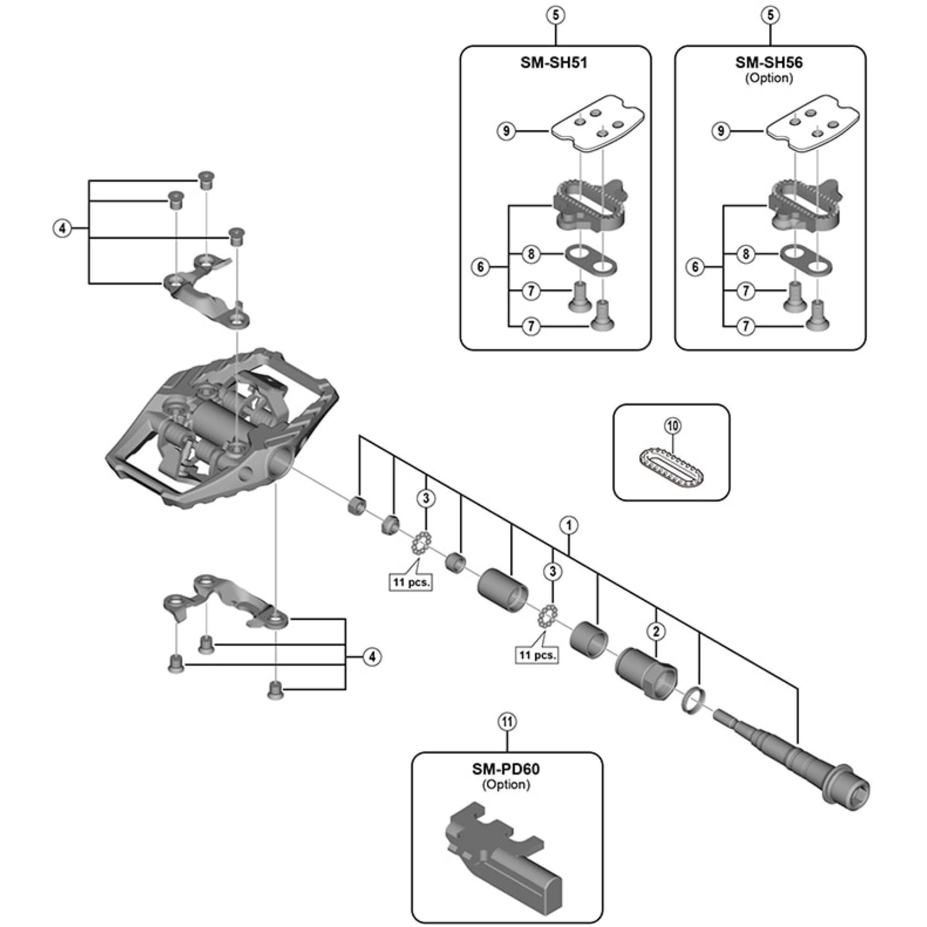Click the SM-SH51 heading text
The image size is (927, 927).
(554, 63)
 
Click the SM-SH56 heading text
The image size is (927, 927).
(768, 63)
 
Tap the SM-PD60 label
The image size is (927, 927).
(506, 769)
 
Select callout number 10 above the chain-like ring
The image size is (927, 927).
(673, 425)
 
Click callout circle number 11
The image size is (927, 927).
(507, 722)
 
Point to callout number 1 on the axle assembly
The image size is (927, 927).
(569, 525)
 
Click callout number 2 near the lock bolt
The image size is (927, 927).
(656, 631)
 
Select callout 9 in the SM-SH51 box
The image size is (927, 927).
(506, 131)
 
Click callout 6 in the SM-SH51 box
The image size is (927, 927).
(481, 267)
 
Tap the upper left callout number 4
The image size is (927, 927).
(62, 229)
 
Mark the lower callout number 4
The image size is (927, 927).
(372, 656)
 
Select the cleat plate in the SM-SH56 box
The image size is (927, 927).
(811, 126)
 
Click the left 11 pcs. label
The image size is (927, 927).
(411, 583)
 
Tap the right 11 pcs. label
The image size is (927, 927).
(537, 655)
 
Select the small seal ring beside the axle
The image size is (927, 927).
(692, 704)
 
